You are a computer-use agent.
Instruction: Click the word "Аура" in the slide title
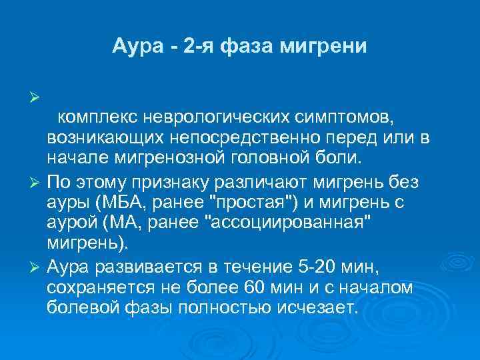pos(136,48)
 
